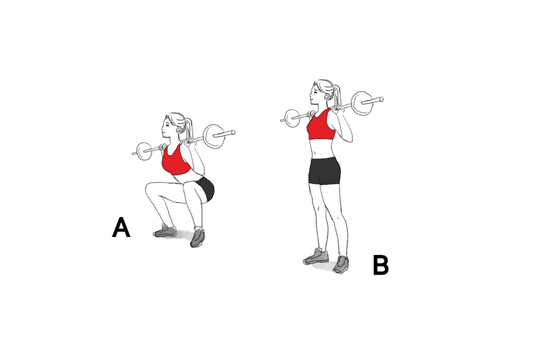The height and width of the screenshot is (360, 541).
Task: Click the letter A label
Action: point(121,227)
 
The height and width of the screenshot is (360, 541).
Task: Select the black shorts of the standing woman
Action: point(324,171)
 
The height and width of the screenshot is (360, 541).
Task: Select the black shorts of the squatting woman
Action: point(207,188)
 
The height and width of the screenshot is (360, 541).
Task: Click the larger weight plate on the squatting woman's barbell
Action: point(214,137)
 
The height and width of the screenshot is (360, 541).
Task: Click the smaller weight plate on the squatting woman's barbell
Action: point(144,151)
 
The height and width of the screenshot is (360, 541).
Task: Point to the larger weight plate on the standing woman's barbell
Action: point(362,103)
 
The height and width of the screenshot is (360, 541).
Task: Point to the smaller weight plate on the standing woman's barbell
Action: point(293,118)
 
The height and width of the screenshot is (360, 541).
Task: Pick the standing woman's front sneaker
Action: point(316,257)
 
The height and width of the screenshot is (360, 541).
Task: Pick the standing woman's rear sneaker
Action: point(341,264)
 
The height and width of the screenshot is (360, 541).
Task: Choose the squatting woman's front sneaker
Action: point(165,231)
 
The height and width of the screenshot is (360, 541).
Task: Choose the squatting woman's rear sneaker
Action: point(198,237)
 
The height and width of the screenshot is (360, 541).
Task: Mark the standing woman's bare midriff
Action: point(322,149)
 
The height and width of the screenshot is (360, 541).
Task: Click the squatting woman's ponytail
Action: point(189,130)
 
